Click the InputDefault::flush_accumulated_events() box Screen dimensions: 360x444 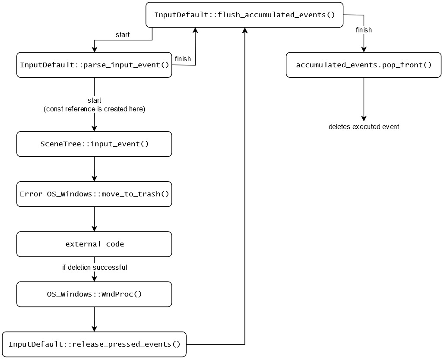pyautogui.click(x=244, y=15)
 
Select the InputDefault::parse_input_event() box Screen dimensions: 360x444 pyautogui.click(x=94, y=65)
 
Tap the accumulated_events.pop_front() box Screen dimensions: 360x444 pyautogui.click(x=364, y=65)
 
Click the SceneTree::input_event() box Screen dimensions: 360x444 pyautogui.click(x=94, y=144)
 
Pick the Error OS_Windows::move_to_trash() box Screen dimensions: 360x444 pyautogui.click(x=94, y=194)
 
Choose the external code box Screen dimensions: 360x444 pyautogui.click(x=94, y=244)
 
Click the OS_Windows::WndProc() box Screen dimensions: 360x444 pyautogui.click(x=94, y=294)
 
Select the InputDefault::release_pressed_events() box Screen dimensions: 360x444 pyautogui.click(x=94, y=344)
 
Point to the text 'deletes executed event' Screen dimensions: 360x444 pyautogui.click(x=364, y=127)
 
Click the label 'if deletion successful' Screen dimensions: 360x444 pyautogui.click(x=95, y=268)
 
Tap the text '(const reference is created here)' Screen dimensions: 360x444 pyautogui.click(x=94, y=109)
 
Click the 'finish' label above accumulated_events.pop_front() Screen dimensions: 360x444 pyautogui.click(x=364, y=30)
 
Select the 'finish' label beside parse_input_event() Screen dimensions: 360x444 pyautogui.click(x=183, y=59)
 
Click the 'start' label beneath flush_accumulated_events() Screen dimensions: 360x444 pyautogui.click(x=122, y=35)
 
